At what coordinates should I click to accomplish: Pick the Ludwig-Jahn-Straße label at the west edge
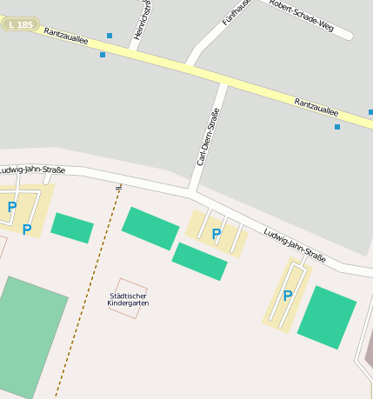point(31,170)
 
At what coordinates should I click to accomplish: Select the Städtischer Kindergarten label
point(128,298)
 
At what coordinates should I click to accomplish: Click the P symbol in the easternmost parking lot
point(287,296)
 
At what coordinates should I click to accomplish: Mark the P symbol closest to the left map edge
point(11,207)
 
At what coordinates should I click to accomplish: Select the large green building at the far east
point(327,317)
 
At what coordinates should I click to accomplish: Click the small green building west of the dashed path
point(72,228)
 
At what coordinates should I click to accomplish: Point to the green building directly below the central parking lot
point(199,261)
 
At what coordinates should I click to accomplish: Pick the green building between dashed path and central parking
point(150,228)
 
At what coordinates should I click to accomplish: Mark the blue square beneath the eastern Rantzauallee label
point(337,127)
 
